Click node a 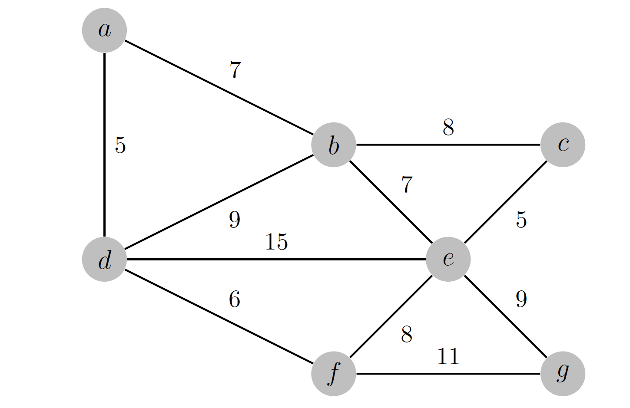104,30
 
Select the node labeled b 334,145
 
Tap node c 563,145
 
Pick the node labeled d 104,259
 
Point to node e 448,259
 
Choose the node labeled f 334,374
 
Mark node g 563,374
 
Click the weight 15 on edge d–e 276,242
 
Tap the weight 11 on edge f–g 448,356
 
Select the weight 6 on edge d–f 235,299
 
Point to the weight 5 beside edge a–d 120,145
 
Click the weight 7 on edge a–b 235,70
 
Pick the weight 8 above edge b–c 448,127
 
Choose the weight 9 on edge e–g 521,299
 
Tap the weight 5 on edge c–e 521,220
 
